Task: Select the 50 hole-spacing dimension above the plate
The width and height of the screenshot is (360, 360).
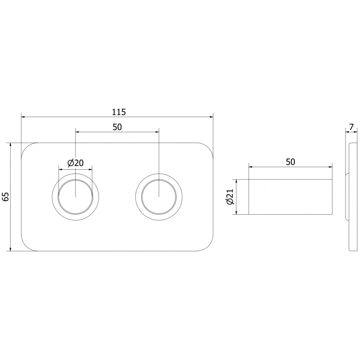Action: click(x=117, y=126)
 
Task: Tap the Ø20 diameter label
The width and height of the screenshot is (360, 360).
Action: click(x=75, y=163)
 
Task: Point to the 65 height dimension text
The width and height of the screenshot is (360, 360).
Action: click(x=5, y=197)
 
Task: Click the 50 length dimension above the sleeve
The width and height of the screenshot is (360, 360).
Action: click(x=290, y=162)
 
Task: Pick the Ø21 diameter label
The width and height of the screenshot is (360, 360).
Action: click(x=230, y=197)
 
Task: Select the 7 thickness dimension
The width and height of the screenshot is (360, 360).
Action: click(x=351, y=127)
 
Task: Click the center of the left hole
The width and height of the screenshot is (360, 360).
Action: click(x=76, y=196)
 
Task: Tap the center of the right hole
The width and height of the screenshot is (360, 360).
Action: click(x=159, y=196)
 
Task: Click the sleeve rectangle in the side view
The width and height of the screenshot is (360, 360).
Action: click(x=291, y=197)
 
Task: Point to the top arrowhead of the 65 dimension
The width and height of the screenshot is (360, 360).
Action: click(x=10, y=145)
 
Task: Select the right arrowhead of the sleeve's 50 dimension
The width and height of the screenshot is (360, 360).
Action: click(x=331, y=167)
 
